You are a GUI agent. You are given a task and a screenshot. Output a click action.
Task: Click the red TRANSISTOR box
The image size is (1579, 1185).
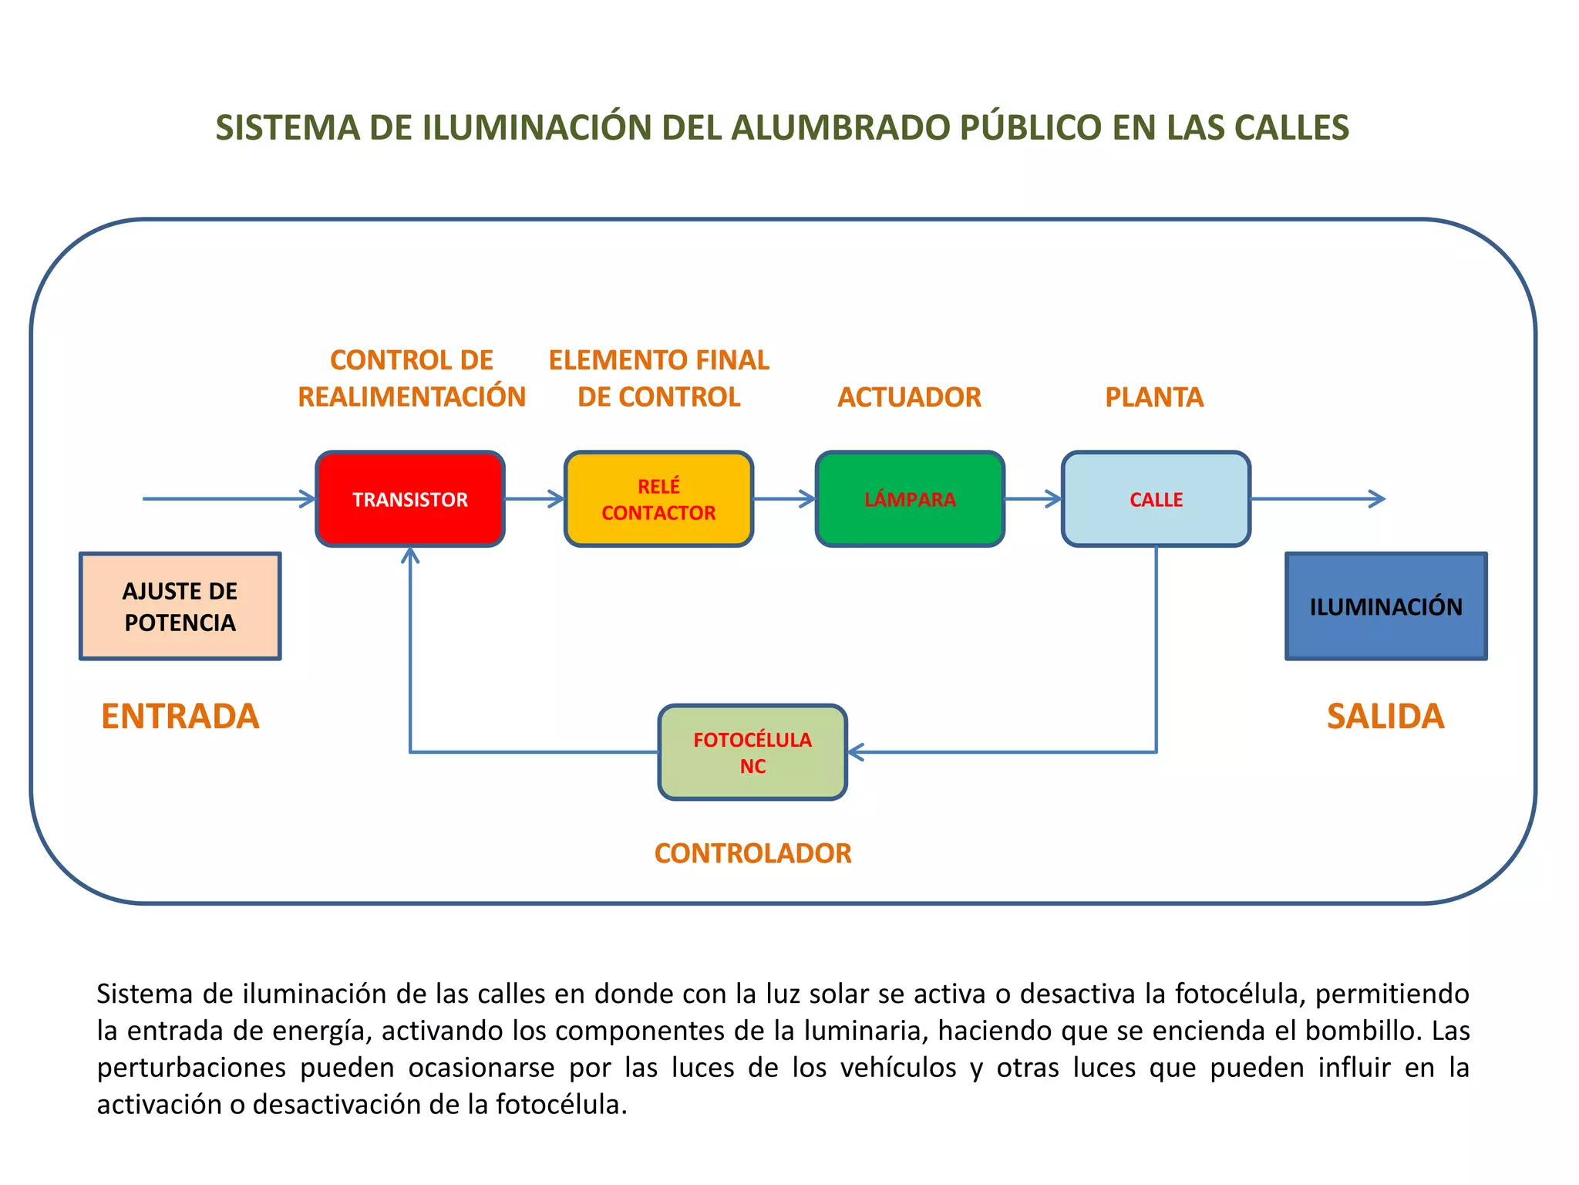409,499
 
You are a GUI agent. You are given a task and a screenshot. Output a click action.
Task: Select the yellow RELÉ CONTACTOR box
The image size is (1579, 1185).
658,499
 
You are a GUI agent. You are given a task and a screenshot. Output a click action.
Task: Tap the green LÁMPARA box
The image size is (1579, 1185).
910,499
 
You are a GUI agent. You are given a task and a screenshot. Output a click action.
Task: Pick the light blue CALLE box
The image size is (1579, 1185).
1156,499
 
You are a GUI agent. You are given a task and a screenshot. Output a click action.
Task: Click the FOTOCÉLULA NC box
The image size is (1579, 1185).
752,752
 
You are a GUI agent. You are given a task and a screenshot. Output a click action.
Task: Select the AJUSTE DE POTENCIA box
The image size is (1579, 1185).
180,606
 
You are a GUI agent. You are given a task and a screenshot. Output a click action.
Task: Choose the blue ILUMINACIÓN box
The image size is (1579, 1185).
1385,606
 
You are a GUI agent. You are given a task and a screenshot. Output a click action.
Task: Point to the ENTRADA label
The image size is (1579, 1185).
180,716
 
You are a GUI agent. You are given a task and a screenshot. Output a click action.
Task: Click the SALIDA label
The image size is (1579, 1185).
1385,716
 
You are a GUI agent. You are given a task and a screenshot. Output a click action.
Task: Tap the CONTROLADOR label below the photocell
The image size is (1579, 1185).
752,853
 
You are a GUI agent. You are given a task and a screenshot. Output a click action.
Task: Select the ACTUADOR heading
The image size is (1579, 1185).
909,397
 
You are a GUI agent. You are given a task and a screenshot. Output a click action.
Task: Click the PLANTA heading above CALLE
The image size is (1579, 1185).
1154,397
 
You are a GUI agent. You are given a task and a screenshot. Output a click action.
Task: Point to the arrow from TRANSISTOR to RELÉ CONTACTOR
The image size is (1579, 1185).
535,499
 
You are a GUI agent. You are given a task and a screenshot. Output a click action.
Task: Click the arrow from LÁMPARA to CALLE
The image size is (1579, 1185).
1033,499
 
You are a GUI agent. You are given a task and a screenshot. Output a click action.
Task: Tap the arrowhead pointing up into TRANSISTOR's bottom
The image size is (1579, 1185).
410,555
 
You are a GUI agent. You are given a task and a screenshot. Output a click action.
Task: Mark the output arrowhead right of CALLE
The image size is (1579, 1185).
1377,499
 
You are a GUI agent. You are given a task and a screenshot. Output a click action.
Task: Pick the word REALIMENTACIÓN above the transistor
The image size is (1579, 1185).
412,397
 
